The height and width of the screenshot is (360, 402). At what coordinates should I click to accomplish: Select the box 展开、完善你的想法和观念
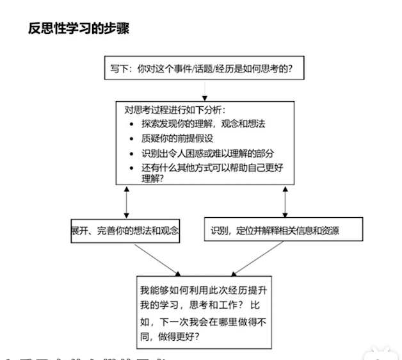(x=125, y=231)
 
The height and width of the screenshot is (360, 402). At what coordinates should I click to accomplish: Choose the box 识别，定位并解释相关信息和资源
(x=284, y=230)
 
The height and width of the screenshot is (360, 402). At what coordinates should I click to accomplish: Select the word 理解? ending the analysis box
(x=152, y=179)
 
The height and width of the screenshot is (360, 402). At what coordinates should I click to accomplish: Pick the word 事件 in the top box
(x=198, y=68)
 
